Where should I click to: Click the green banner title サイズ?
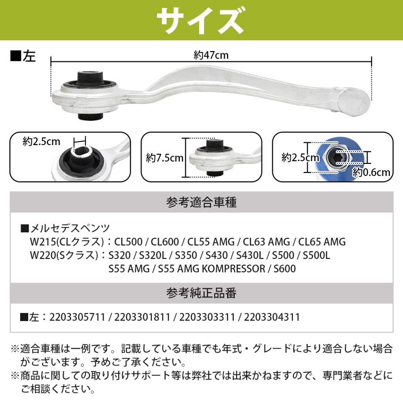coord(201,19)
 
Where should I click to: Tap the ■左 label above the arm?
coord(23,57)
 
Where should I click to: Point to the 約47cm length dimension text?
coord(211,55)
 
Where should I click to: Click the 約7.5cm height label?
coord(164,158)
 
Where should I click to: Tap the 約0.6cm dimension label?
coord(371,171)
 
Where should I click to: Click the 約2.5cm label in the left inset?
coord(41,142)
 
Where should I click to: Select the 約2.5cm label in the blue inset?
coord(300,157)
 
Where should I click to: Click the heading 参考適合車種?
coord(201,203)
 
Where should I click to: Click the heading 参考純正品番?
coord(201,293)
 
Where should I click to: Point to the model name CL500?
coord(129,242)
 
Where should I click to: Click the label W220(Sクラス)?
coord(64,255)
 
